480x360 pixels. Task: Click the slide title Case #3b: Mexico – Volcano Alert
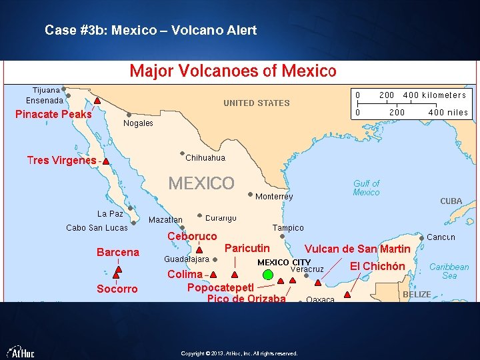(150, 30)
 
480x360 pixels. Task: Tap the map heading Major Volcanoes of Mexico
(233, 71)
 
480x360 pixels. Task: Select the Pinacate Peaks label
(53, 114)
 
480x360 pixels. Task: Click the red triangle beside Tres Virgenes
(106, 161)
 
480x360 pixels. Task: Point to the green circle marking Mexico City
(268, 274)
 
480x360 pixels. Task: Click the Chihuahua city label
(205, 158)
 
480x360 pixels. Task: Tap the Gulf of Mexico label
(366, 188)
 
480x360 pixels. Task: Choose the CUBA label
(451, 201)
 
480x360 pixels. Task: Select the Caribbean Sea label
(449, 271)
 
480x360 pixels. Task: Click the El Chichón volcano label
(377, 267)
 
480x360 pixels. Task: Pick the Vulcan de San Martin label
(357, 249)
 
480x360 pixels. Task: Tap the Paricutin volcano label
(247, 249)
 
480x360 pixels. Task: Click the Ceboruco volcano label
(192, 237)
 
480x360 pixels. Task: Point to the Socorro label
(117, 289)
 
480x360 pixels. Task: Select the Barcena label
(118, 252)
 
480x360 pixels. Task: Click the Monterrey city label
(274, 197)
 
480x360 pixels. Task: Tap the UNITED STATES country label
(256, 103)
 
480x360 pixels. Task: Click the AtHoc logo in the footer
(21, 351)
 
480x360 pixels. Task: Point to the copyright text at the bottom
(239, 353)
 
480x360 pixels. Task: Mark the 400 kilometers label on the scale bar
(434, 95)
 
